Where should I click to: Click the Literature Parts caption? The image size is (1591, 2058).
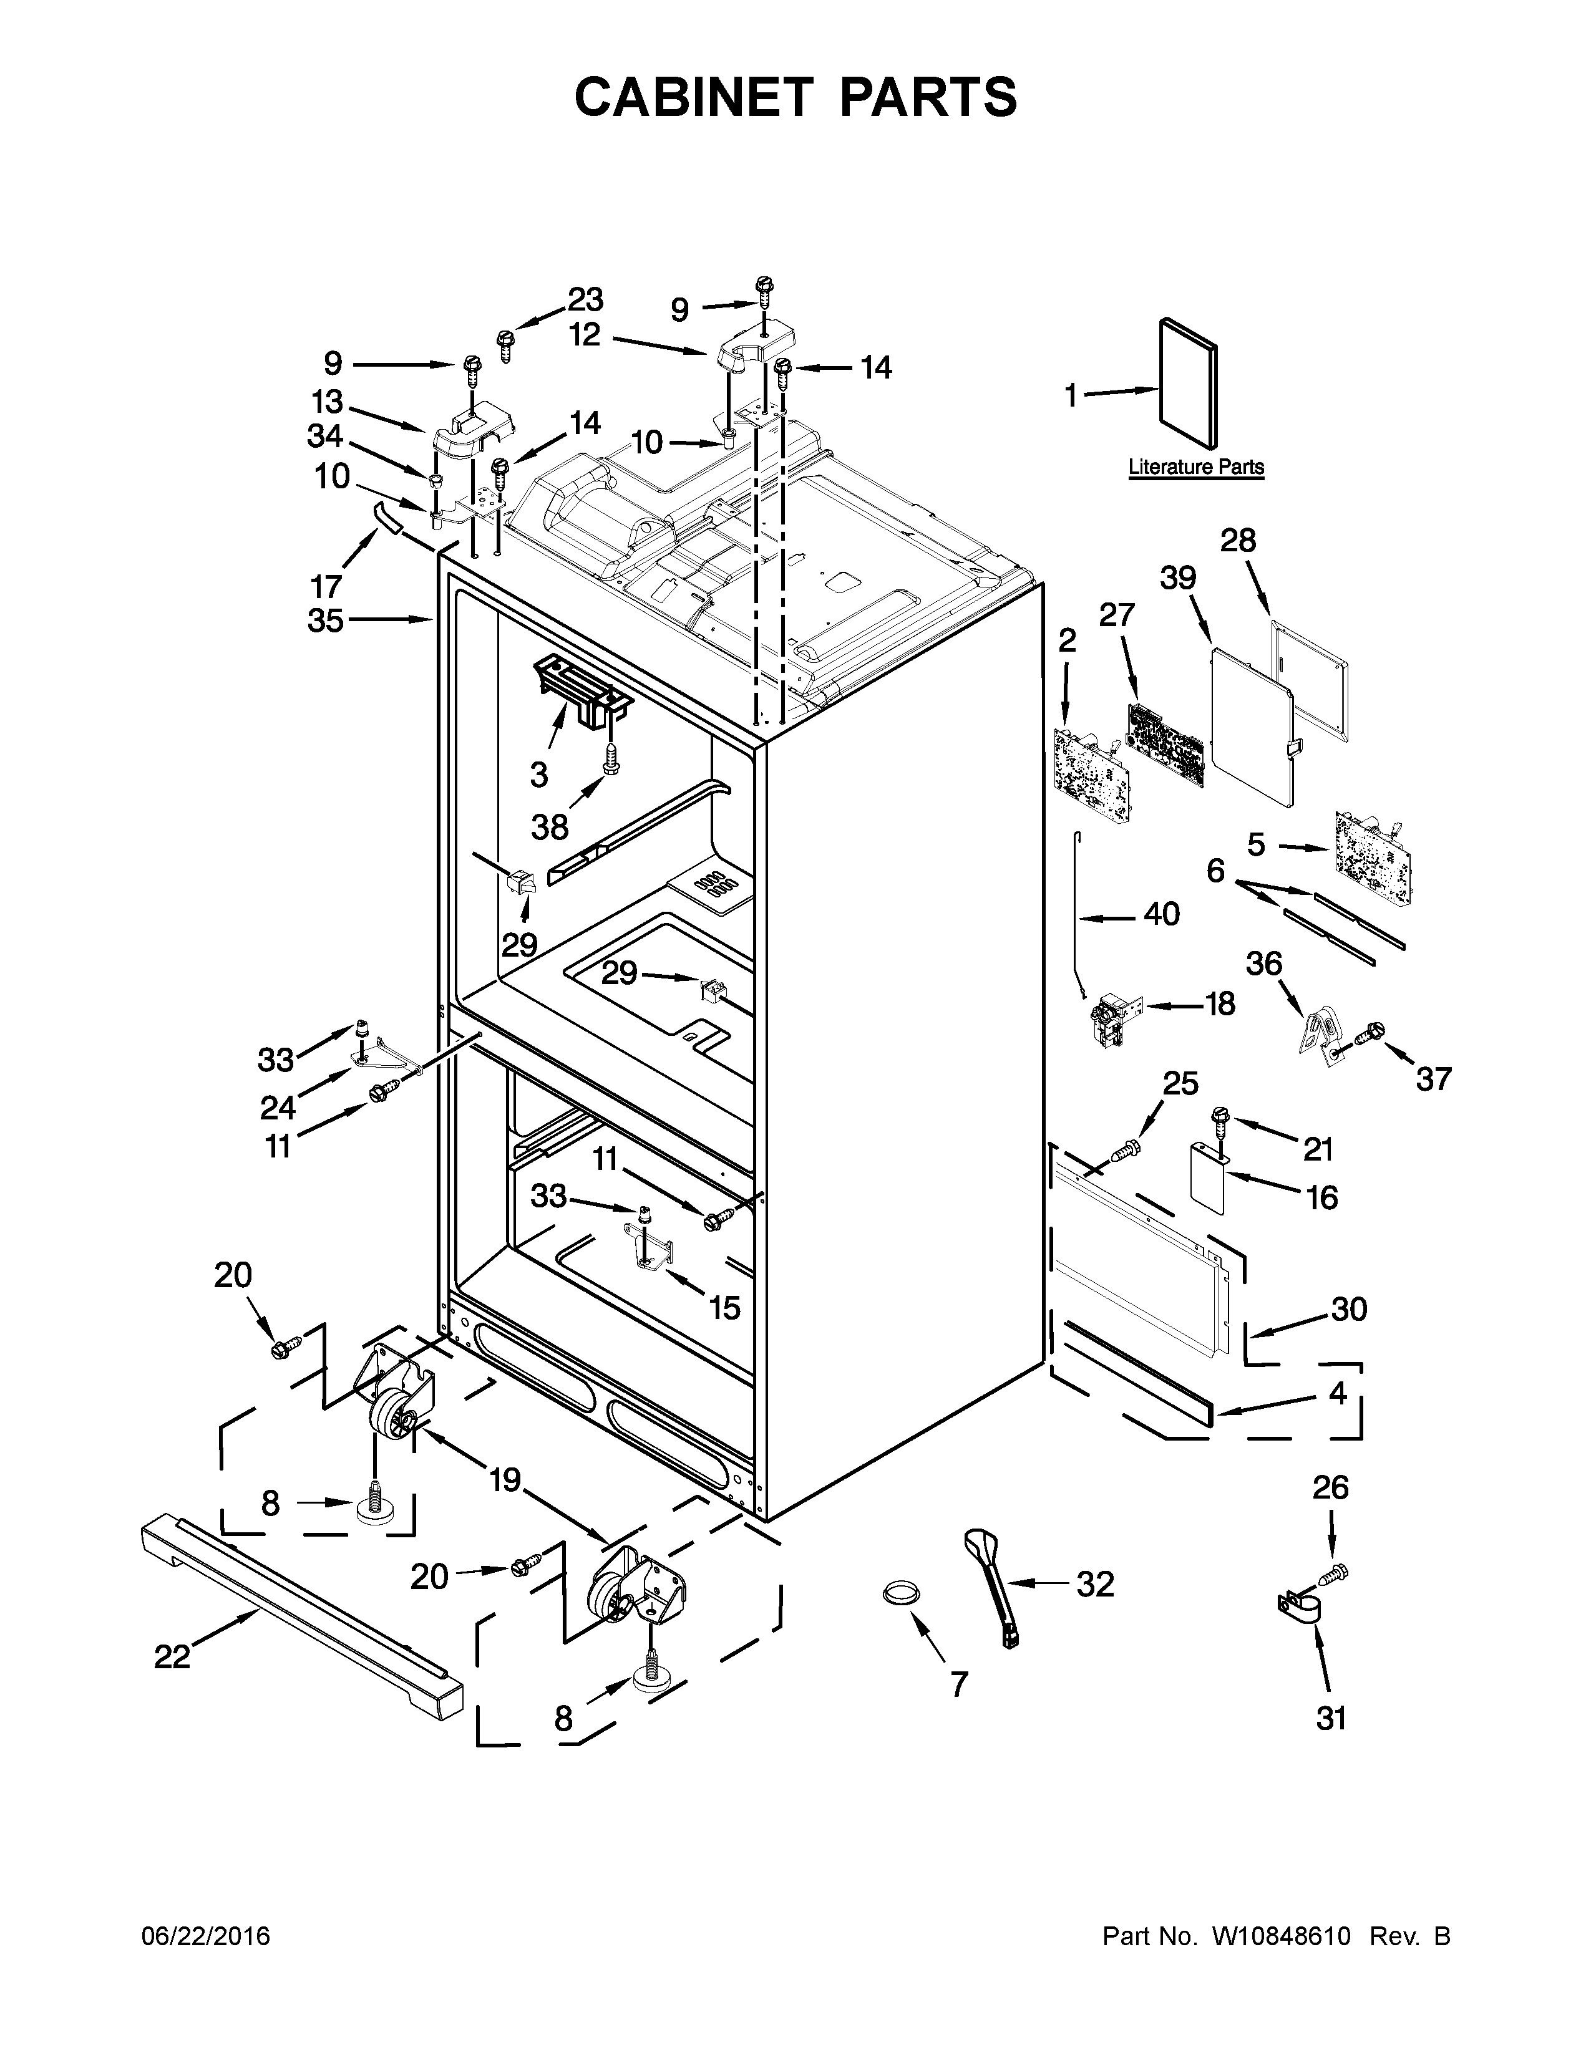1196,466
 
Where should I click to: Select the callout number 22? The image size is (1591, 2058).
172,1656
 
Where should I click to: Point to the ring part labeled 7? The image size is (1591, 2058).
900,1593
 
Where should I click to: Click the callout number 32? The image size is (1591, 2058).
1095,1584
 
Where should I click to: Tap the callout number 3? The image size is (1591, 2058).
538,775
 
